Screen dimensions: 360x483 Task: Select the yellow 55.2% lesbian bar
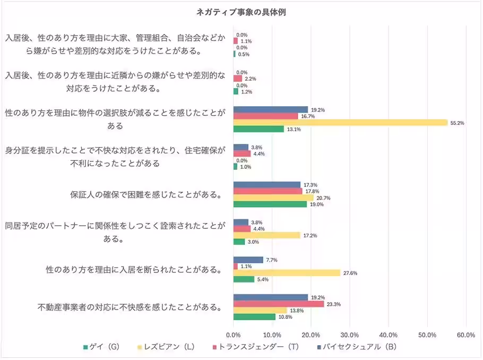(340, 122)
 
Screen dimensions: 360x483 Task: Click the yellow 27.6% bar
(287, 272)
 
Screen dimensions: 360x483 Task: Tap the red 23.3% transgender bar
(279, 304)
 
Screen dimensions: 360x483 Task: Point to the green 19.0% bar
(270, 204)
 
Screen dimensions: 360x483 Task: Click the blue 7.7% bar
(248, 260)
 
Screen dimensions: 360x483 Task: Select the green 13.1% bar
(258, 128)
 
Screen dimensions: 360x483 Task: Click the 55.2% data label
(457, 122)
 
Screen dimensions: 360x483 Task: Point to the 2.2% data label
(250, 79)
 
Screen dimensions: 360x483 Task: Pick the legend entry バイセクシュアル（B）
(355, 347)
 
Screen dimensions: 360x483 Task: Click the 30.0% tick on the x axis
(350, 335)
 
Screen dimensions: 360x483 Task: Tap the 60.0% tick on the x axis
(465, 335)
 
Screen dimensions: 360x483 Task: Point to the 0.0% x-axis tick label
(234, 335)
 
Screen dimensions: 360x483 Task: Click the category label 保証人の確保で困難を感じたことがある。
(146, 194)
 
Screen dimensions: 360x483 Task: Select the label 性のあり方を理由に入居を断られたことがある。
(133, 269)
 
